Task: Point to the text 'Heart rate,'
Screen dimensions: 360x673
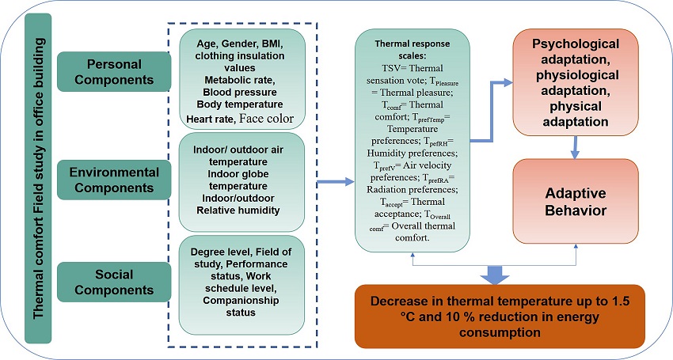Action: coord(208,119)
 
